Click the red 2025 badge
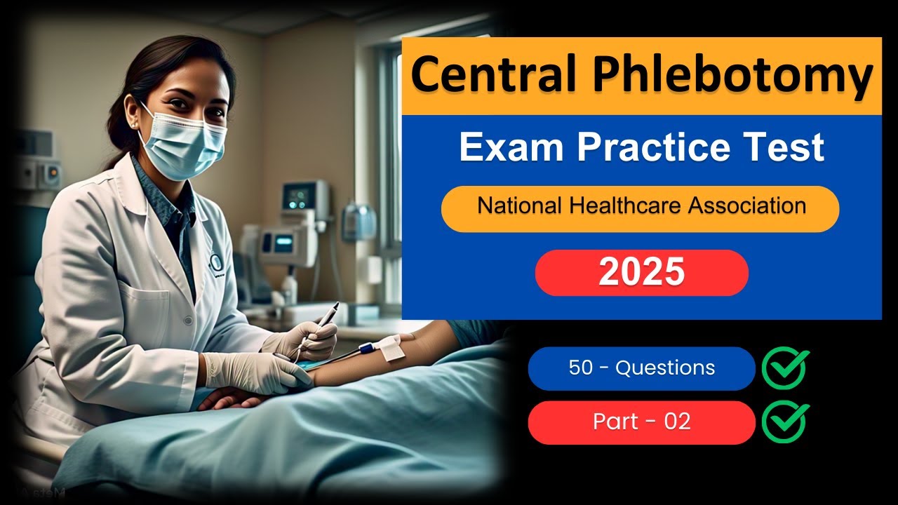point(641,273)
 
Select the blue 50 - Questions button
point(641,368)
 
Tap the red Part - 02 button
point(641,422)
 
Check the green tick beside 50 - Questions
point(785,368)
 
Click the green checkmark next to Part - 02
point(785,422)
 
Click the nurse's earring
point(133,124)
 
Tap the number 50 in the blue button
point(581,368)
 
